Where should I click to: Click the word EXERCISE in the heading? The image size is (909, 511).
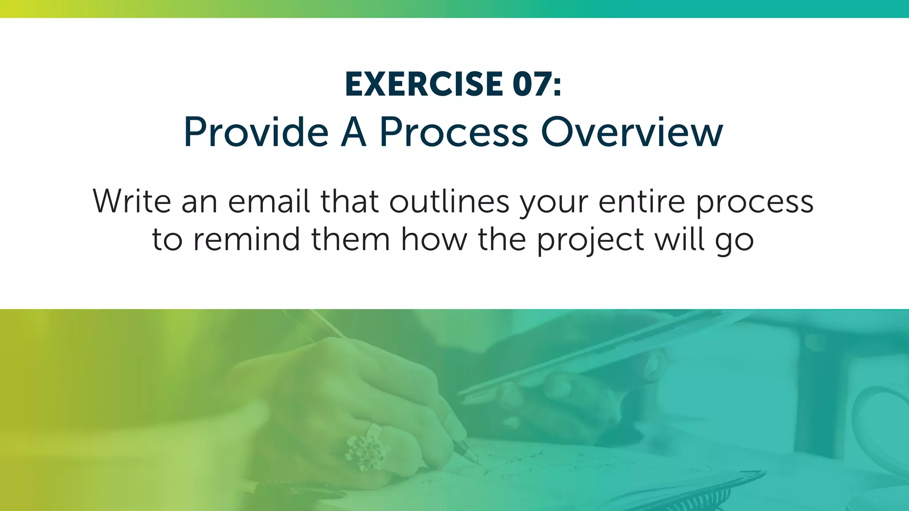[x=423, y=84]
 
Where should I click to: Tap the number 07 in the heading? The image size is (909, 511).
[x=532, y=84]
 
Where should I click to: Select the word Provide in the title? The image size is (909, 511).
[x=256, y=133]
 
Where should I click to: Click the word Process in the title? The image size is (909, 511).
[x=454, y=133]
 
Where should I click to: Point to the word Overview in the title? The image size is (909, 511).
[x=632, y=133]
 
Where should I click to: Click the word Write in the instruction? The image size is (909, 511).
[x=132, y=201]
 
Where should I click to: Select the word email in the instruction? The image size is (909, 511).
[x=269, y=201]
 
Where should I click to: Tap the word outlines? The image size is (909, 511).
[x=449, y=201]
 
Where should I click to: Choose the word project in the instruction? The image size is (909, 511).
[x=590, y=240]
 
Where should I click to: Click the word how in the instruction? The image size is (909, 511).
[x=434, y=239]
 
